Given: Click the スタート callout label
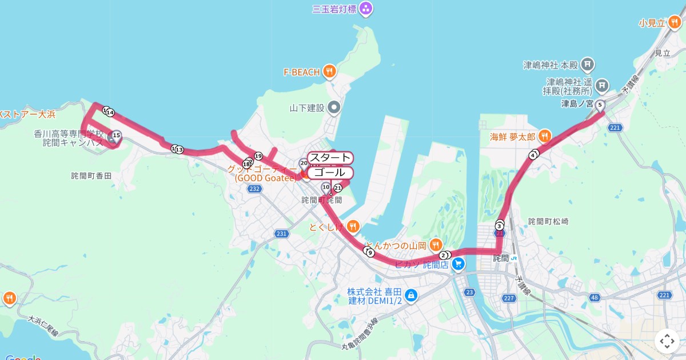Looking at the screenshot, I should [x=330, y=158].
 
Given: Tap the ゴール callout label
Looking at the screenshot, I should [x=330, y=173].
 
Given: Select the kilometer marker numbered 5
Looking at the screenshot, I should [x=600, y=105].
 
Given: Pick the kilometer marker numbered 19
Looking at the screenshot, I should [x=258, y=156].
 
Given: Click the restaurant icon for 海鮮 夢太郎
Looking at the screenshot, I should [x=544, y=137].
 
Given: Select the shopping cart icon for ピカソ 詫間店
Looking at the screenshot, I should [x=457, y=264].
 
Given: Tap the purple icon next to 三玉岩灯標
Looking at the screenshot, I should [x=366, y=9].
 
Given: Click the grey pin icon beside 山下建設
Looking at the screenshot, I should [x=334, y=107].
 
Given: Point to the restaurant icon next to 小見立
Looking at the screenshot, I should [x=675, y=23].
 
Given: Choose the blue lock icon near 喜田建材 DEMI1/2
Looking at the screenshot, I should [x=410, y=295].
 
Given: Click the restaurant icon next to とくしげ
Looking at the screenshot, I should [x=353, y=226].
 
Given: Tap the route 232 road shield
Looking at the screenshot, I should [x=255, y=189].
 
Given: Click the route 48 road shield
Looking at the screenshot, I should [x=595, y=297].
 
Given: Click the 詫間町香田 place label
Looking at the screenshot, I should [x=91, y=176].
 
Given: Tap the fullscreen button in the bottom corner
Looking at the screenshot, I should [x=667, y=341].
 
